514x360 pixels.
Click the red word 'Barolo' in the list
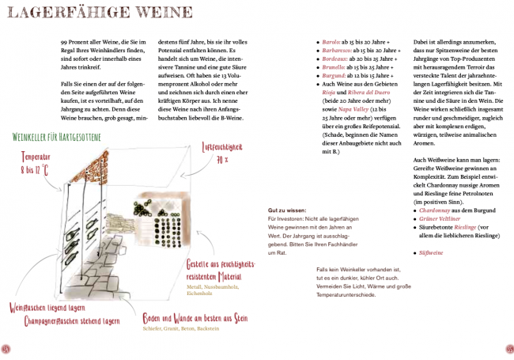331,40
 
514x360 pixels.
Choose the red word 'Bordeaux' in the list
334,59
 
